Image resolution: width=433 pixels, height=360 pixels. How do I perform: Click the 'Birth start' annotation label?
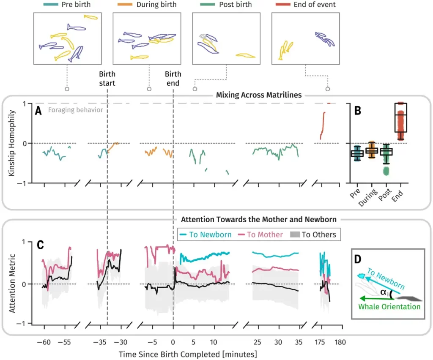tap(107, 78)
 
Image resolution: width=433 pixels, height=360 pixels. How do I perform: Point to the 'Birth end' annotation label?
tap(173, 78)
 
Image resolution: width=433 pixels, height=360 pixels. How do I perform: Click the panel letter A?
tap(38, 111)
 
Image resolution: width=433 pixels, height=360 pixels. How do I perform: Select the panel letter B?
tap(358, 111)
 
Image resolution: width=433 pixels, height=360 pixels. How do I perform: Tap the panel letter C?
tap(40, 245)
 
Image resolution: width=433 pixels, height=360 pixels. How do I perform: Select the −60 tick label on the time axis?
tap(43, 341)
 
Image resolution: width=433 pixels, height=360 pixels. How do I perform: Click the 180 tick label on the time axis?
tap(341, 341)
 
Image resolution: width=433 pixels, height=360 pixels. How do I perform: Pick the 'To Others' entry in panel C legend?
tap(318, 234)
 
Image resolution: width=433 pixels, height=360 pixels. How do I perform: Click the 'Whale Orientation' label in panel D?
tap(389, 306)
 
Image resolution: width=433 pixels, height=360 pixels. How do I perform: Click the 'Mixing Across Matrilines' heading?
tap(258, 95)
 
